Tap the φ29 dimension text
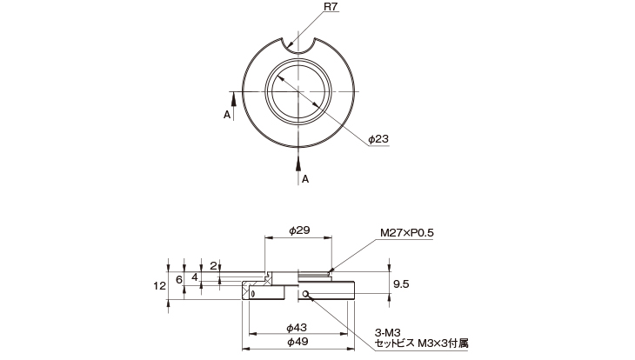(299, 231)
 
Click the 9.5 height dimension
(401, 283)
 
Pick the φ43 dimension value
(298, 327)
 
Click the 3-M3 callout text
(387, 332)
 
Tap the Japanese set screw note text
(420, 343)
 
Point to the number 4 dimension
(194, 277)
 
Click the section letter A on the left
(226, 114)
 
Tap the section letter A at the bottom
(305, 178)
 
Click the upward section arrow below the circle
(299, 163)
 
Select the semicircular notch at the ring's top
(300, 45)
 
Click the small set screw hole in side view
(309, 294)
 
